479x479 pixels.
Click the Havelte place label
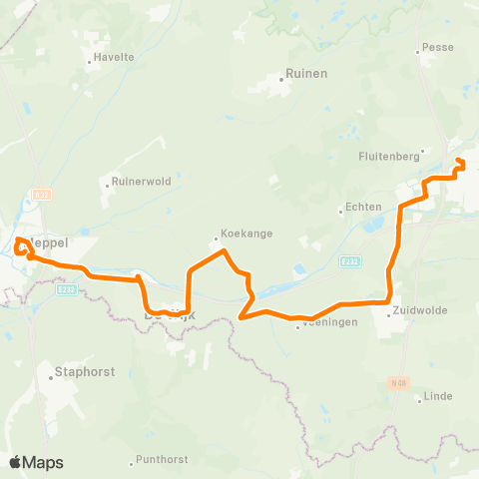click(x=115, y=57)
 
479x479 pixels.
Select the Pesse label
click(x=438, y=47)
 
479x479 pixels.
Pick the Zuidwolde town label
click(x=425, y=310)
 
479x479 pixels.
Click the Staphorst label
click(x=86, y=371)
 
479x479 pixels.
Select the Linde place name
click(x=438, y=396)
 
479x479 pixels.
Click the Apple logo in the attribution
click(x=16, y=462)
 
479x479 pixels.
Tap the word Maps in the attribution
click(x=45, y=462)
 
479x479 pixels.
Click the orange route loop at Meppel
click(x=21, y=245)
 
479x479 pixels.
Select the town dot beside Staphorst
click(x=51, y=377)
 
